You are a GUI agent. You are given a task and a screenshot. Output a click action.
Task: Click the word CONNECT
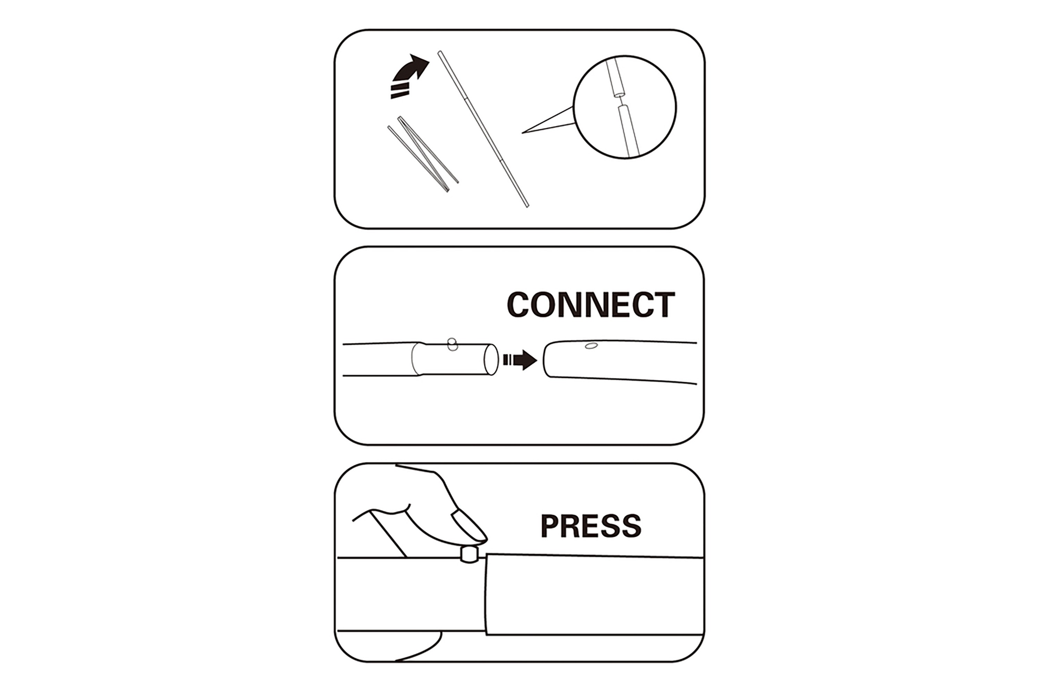coord(591,304)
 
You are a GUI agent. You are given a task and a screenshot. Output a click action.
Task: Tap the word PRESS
coord(591,526)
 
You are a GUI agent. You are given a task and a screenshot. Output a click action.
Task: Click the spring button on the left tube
coord(452,344)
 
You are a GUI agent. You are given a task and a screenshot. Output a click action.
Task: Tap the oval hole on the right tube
coord(591,346)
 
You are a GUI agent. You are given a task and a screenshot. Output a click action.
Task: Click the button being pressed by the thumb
coord(469,554)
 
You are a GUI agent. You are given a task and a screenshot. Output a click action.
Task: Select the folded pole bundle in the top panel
coord(423,154)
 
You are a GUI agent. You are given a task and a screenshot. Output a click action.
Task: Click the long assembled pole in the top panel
coord(483,129)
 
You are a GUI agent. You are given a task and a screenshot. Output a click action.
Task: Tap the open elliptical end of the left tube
coord(491,360)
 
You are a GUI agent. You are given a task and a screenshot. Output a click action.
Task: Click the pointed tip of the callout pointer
coord(523,133)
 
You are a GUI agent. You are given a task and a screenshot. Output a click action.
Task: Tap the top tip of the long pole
coord(439,52)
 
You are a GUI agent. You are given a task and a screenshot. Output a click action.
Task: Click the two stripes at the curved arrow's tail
coord(400,92)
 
